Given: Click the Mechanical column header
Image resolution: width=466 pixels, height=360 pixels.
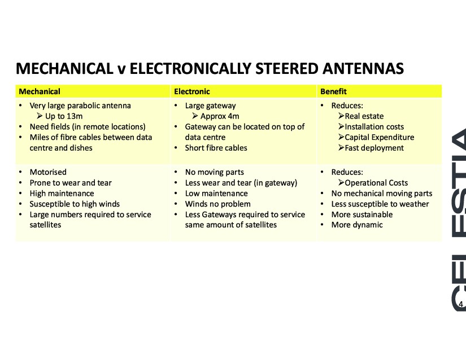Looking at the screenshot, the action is (40, 91).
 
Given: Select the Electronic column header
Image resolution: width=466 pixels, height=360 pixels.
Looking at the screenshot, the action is (192, 91).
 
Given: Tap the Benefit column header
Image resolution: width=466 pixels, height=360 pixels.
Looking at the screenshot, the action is (333, 91).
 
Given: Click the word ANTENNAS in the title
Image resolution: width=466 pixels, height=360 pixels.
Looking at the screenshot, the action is (363, 68).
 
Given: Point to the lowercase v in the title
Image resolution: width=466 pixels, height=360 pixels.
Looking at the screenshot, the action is (121, 70).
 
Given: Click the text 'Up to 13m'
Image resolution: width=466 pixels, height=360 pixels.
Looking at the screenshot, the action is (64, 116).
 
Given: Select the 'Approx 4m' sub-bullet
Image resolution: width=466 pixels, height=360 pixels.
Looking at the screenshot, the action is (220, 116).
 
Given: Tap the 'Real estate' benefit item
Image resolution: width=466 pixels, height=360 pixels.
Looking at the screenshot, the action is (364, 116).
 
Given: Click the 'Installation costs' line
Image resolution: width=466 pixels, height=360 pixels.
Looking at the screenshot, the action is (374, 127).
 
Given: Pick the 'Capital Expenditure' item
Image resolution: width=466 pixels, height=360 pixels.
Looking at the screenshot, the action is (379, 138).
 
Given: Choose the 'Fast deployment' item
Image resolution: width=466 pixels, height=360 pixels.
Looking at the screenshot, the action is (374, 148).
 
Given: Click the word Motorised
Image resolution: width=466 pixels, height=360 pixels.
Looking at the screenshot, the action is (48, 172).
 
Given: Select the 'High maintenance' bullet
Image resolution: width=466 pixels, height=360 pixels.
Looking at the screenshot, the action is (62, 194).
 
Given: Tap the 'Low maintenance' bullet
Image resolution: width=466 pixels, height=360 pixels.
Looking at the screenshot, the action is (216, 194).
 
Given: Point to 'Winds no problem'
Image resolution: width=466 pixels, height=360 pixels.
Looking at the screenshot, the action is (218, 204).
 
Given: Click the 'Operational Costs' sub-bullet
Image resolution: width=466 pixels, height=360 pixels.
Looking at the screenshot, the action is (376, 183).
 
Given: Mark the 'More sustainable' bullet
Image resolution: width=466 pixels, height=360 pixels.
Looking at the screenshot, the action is (362, 214).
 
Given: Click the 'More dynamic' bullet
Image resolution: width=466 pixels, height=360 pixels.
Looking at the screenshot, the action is (357, 225).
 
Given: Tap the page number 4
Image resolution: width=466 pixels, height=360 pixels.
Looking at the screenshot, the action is (461, 304).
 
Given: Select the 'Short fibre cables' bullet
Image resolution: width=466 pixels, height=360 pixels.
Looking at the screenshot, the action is (216, 148).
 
